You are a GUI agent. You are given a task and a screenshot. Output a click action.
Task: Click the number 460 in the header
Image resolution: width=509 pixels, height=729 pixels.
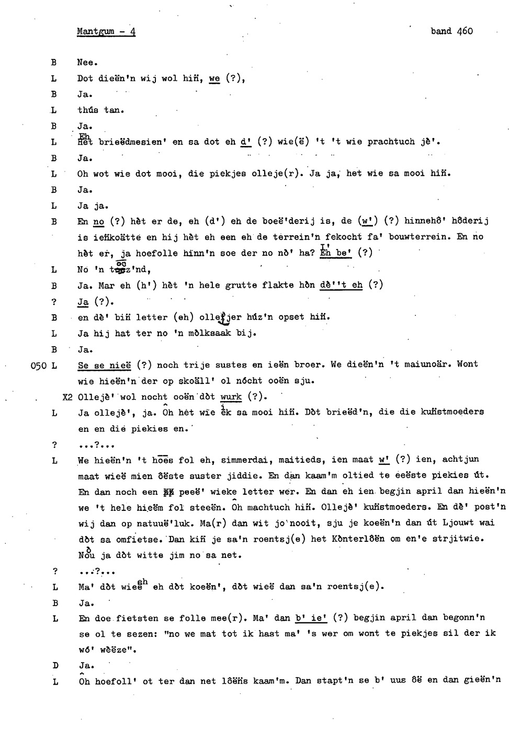[465, 31]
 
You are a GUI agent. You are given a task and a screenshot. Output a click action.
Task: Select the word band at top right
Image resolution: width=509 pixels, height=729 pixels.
[441, 31]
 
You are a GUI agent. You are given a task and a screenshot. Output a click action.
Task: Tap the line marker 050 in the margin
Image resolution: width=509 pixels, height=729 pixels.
[40, 365]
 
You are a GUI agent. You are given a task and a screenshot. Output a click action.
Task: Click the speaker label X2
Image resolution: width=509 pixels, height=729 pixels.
[67, 397]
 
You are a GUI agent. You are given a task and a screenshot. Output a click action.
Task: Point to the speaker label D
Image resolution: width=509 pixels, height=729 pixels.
[54, 666]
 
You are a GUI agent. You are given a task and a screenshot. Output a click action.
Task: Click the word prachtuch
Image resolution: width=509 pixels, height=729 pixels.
[391, 142]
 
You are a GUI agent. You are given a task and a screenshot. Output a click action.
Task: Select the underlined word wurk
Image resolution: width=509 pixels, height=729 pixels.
[231, 397]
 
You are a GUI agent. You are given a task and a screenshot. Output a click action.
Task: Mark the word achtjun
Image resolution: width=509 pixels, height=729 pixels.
[460, 460]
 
